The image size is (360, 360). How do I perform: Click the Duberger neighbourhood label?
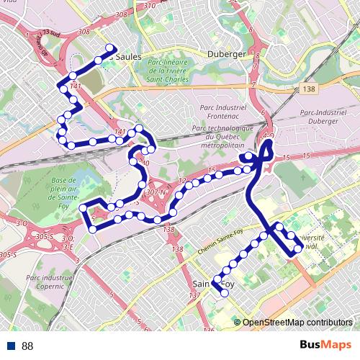(226, 54)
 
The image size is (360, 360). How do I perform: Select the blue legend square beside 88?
(11, 346)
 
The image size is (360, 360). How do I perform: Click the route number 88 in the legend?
(27, 346)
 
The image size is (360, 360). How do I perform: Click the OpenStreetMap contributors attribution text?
(297, 322)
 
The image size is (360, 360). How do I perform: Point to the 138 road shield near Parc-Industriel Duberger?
(310, 89)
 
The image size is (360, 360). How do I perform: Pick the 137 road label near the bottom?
(193, 297)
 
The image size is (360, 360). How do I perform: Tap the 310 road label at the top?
(150, 6)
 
